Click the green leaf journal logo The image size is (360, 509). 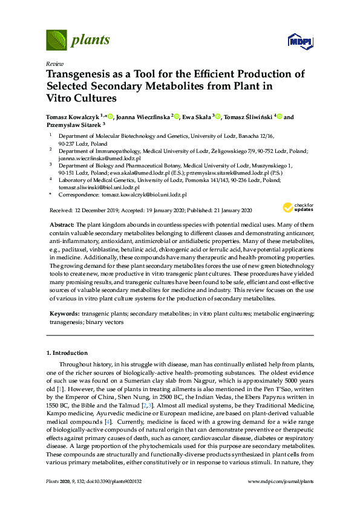(56, 41)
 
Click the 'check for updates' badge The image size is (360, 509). (296, 208)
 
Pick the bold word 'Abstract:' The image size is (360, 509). (62, 225)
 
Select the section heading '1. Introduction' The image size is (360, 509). (67, 352)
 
